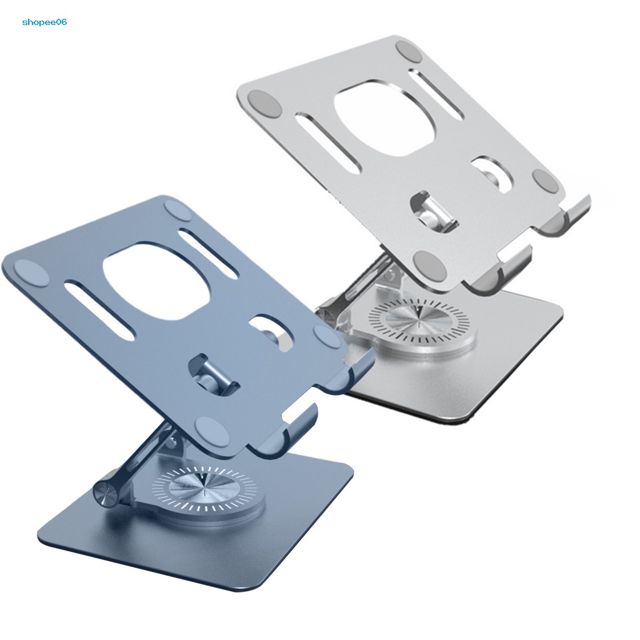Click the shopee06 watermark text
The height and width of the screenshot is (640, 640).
coord(44,22)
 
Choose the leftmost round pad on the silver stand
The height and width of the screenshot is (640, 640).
coord(261,102)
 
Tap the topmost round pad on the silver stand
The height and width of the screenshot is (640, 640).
coord(409,51)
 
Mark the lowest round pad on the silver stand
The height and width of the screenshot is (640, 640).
coord(432,266)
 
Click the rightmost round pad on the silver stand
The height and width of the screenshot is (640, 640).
coord(545,182)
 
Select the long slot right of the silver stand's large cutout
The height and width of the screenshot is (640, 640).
coord(440,94)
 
